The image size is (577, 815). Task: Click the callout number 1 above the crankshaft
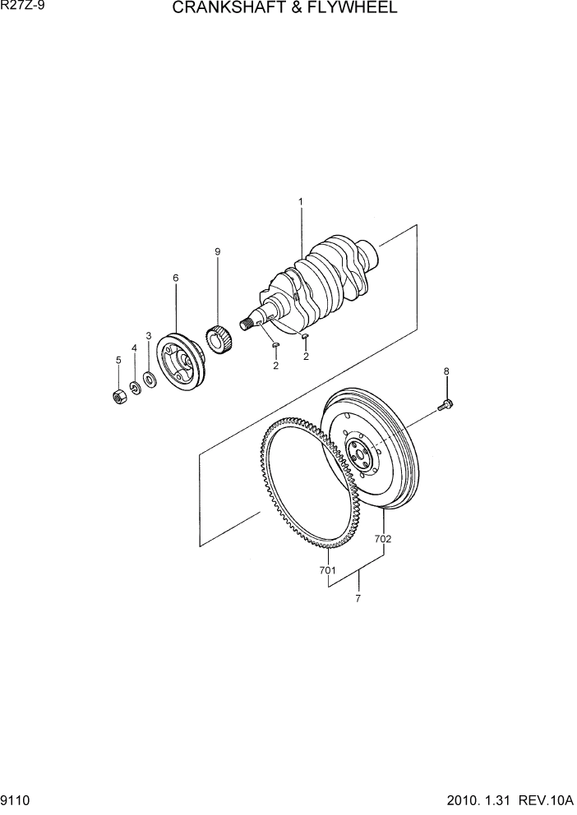coord(301,201)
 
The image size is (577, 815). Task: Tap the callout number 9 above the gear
coord(218,252)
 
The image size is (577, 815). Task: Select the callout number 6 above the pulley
coord(175,278)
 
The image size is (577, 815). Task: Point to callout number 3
coord(148,335)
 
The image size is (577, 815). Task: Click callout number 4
coord(134,348)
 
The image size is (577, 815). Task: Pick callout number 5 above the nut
coord(118,360)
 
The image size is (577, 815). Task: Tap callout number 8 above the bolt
coord(446,371)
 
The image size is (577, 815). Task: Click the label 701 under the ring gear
coord(328,569)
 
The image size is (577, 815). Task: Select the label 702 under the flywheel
coord(383,540)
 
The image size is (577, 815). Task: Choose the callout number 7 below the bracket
coord(358,599)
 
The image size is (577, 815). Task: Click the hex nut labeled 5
coord(118,397)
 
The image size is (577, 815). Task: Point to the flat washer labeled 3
coord(149,380)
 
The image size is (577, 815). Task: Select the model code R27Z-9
coord(22,7)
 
